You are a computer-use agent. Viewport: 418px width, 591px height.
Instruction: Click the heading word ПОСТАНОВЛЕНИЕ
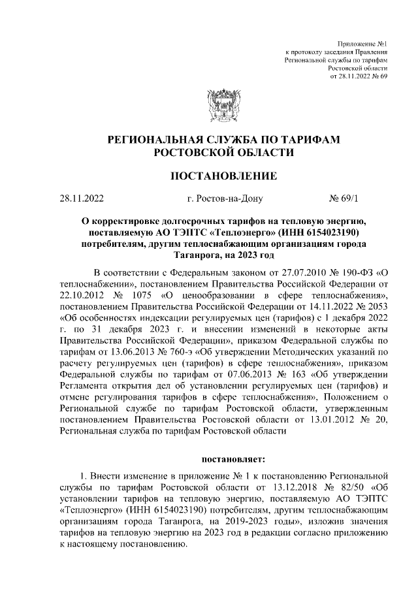point(223,176)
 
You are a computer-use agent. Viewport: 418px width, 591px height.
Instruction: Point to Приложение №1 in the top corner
point(366,42)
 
